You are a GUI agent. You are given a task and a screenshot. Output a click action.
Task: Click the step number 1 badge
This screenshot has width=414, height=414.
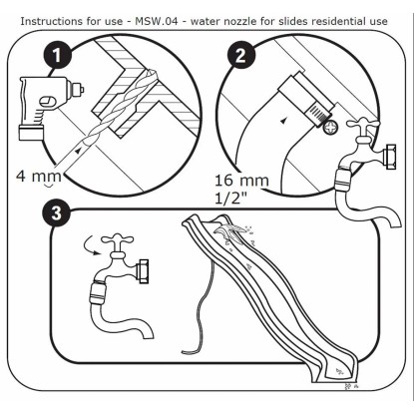pyautogui.click(x=57, y=56)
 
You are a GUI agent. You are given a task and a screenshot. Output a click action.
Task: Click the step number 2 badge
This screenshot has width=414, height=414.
pyautogui.click(x=240, y=55)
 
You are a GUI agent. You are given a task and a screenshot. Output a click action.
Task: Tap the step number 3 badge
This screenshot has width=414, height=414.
pyautogui.click(x=57, y=212)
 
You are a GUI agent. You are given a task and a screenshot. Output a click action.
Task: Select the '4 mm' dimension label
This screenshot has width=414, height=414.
pyautogui.click(x=39, y=176)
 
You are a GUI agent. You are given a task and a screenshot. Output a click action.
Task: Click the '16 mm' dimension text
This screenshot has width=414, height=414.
pyautogui.click(x=241, y=181)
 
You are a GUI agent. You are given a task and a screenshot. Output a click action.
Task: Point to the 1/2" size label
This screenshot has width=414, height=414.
pyautogui.click(x=231, y=199)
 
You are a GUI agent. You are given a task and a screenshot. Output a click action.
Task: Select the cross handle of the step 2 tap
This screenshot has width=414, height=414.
pyautogui.click(x=363, y=125)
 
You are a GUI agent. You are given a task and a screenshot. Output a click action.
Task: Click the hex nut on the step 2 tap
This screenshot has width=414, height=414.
pyautogui.click(x=389, y=157)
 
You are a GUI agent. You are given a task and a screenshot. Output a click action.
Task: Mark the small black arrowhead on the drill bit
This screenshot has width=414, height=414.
pyautogui.click(x=78, y=151)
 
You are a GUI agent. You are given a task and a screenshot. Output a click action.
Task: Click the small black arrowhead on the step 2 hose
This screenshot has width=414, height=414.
pyautogui.click(x=283, y=122)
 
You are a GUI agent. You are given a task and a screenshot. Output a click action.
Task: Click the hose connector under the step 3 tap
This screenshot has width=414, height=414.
pyautogui.click(x=99, y=293)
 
